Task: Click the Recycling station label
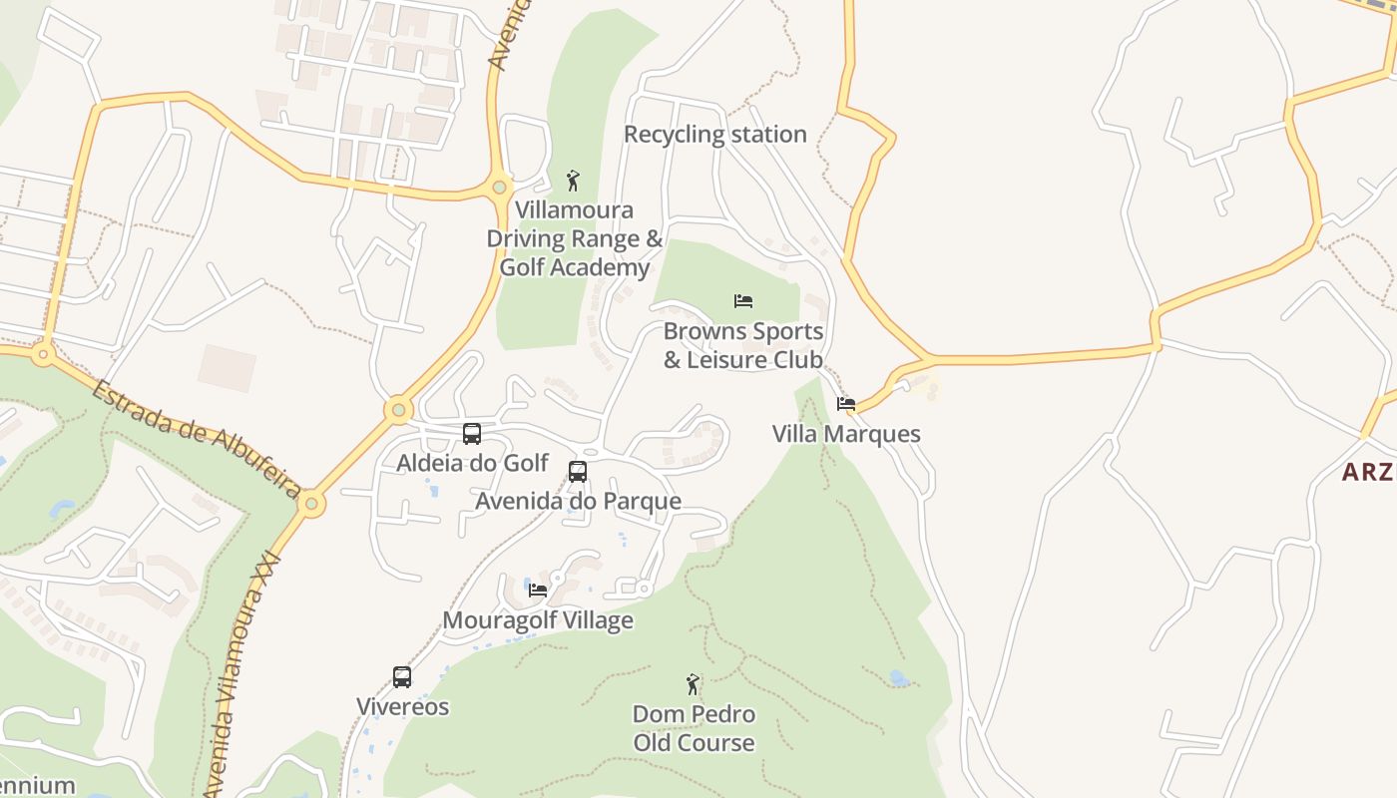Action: point(714,135)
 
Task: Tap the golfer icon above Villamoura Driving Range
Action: point(573,181)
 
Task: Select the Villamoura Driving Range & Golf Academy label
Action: point(574,239)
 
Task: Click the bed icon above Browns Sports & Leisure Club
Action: point(743,301)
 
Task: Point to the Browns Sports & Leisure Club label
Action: point(743,345)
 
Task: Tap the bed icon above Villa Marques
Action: point(846,404)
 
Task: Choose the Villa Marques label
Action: point(846,434)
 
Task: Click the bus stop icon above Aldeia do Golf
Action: point(472,434)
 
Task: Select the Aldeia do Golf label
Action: point(472,463)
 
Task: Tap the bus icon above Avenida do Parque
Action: point(578,472)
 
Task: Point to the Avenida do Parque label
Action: point(578,501)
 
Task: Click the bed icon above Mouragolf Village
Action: point(538,591)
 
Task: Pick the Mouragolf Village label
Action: point(538,620)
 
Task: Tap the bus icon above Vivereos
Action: point(402,677)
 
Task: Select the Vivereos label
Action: point(403,707)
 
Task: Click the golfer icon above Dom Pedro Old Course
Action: point(694,684)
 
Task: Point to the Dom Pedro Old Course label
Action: point(694,729)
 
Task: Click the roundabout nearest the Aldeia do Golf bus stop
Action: point(399,410)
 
